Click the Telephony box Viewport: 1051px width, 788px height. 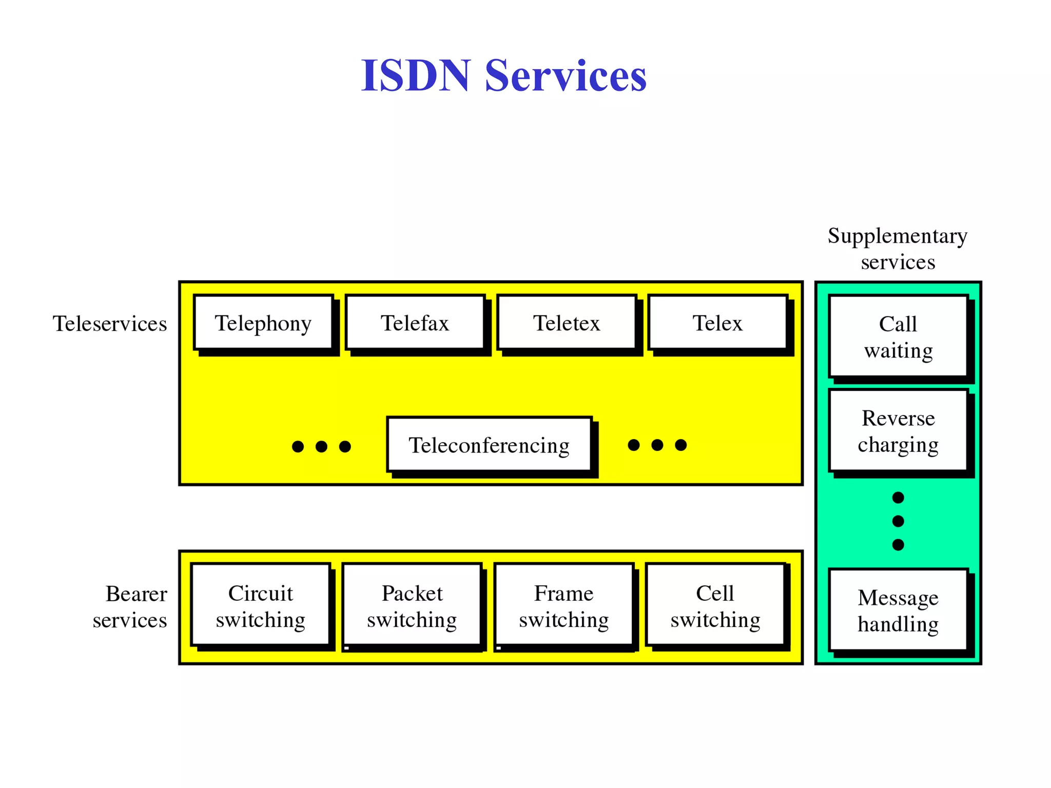pyautogui.click(x=263, y=323)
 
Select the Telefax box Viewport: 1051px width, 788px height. pyautogui.click(x=415, y=323)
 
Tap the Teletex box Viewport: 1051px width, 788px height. pyautogui.click(x=567, y=323)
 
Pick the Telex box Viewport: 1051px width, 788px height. pyautogui.click(x=717, y=323)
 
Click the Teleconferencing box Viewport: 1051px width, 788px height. pyautogui.click(x=489, y=445)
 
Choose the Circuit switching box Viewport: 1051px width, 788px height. pyautogui.click(x=261, y=606)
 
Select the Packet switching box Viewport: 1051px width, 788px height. pyautogui.click(x=412, y=606)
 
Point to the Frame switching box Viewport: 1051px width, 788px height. pyautogui.click(x=563, y=606)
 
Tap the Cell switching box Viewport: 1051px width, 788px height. pyautogui.click(x=715, y=606)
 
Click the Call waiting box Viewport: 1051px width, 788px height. pyautogui.click(x=898, y=337)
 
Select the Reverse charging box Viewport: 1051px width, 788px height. pyautogui.click(x=898, y=431)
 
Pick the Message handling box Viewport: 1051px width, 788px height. pyautogui.click(x=898, y=610)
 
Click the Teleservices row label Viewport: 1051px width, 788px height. pyautogui.click(x=110, y=324)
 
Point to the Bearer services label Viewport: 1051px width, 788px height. pyautogui.click(x=130, y=607)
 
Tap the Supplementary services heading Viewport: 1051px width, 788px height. pyautogui.click(x=898, y=249)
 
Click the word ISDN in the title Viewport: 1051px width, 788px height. pyautogui.click(x=416, y=76)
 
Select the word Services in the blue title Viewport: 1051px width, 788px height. pyautogui.click(x=566, y=76)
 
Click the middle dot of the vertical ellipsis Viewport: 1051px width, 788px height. pyautogui.click(x=898, y=521)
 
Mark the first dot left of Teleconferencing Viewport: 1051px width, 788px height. pyautogui.click(x=298, y=446)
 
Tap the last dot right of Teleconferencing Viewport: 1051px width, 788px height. pyautogui.click(x=681, y=445)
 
